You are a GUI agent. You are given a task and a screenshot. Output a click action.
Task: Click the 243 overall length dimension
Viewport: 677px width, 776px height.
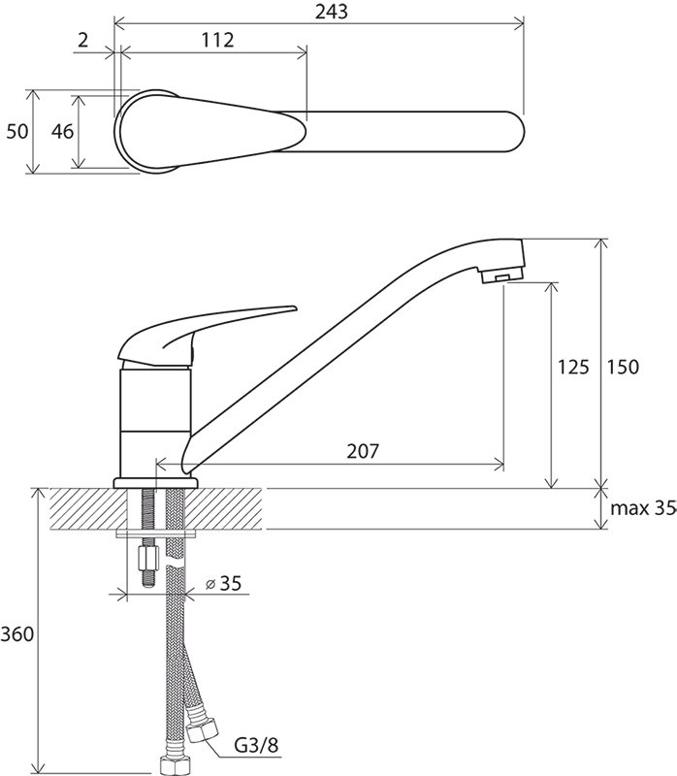click(332, 12)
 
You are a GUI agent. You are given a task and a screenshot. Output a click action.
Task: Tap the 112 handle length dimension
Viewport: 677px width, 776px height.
click(217, 40)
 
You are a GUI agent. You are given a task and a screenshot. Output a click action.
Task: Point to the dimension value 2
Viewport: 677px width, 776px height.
click(82, 40)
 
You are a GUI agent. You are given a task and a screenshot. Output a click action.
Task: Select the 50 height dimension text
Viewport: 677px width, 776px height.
click(17, 132)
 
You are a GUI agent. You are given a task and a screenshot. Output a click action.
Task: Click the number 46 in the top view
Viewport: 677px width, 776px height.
click(63, 132)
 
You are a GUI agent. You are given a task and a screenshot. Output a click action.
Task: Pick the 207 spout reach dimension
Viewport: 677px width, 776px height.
click(363, 451)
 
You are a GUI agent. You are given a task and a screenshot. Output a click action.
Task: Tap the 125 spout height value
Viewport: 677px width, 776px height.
click(573, 368)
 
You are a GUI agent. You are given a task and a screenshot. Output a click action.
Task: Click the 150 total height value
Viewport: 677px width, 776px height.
click(623, 368)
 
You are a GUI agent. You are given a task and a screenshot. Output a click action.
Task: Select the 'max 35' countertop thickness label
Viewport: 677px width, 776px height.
click(643, 508)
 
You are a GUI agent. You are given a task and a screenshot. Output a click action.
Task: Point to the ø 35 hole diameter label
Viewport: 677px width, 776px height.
click(224, 584)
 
